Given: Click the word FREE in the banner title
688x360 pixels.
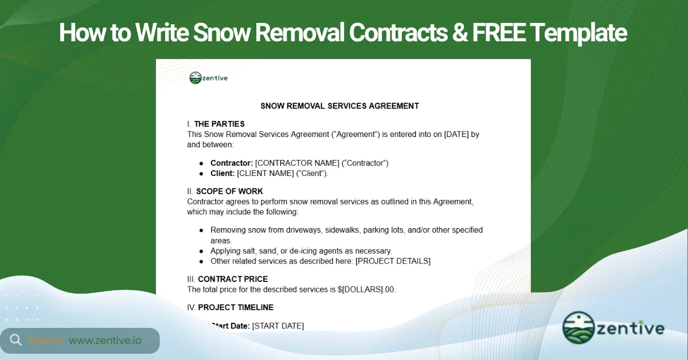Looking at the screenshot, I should point(498,33).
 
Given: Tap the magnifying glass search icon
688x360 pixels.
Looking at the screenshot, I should point(16,340).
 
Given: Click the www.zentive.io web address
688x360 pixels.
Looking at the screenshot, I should point(105,341).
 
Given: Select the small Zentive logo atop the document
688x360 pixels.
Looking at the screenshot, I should point(208,78).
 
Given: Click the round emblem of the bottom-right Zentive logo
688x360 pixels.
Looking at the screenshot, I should point(578,328).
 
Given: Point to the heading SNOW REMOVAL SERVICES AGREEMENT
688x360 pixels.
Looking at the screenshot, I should point(339,106).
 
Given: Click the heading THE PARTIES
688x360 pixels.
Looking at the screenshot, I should point(219,124).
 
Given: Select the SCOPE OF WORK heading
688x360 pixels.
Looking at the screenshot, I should point(229,191).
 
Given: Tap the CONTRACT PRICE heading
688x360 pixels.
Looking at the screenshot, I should point(233,279).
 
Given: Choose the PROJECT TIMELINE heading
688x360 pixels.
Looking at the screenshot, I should point(236,307).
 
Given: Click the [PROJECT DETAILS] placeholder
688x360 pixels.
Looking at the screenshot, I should point(393,261).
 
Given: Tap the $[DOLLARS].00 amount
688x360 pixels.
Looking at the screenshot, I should point(366,289).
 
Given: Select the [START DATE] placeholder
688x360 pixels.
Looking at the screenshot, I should point(278,326).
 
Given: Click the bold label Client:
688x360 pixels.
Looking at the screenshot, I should point(222,173).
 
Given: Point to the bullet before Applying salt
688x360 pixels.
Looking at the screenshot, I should point(201,251).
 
